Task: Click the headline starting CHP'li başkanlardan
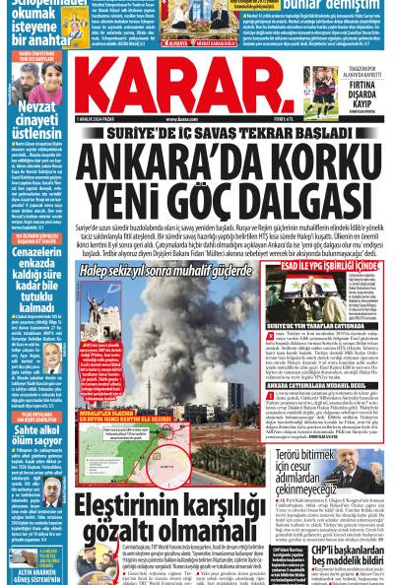pyautogui.click(x=340, y=530)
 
